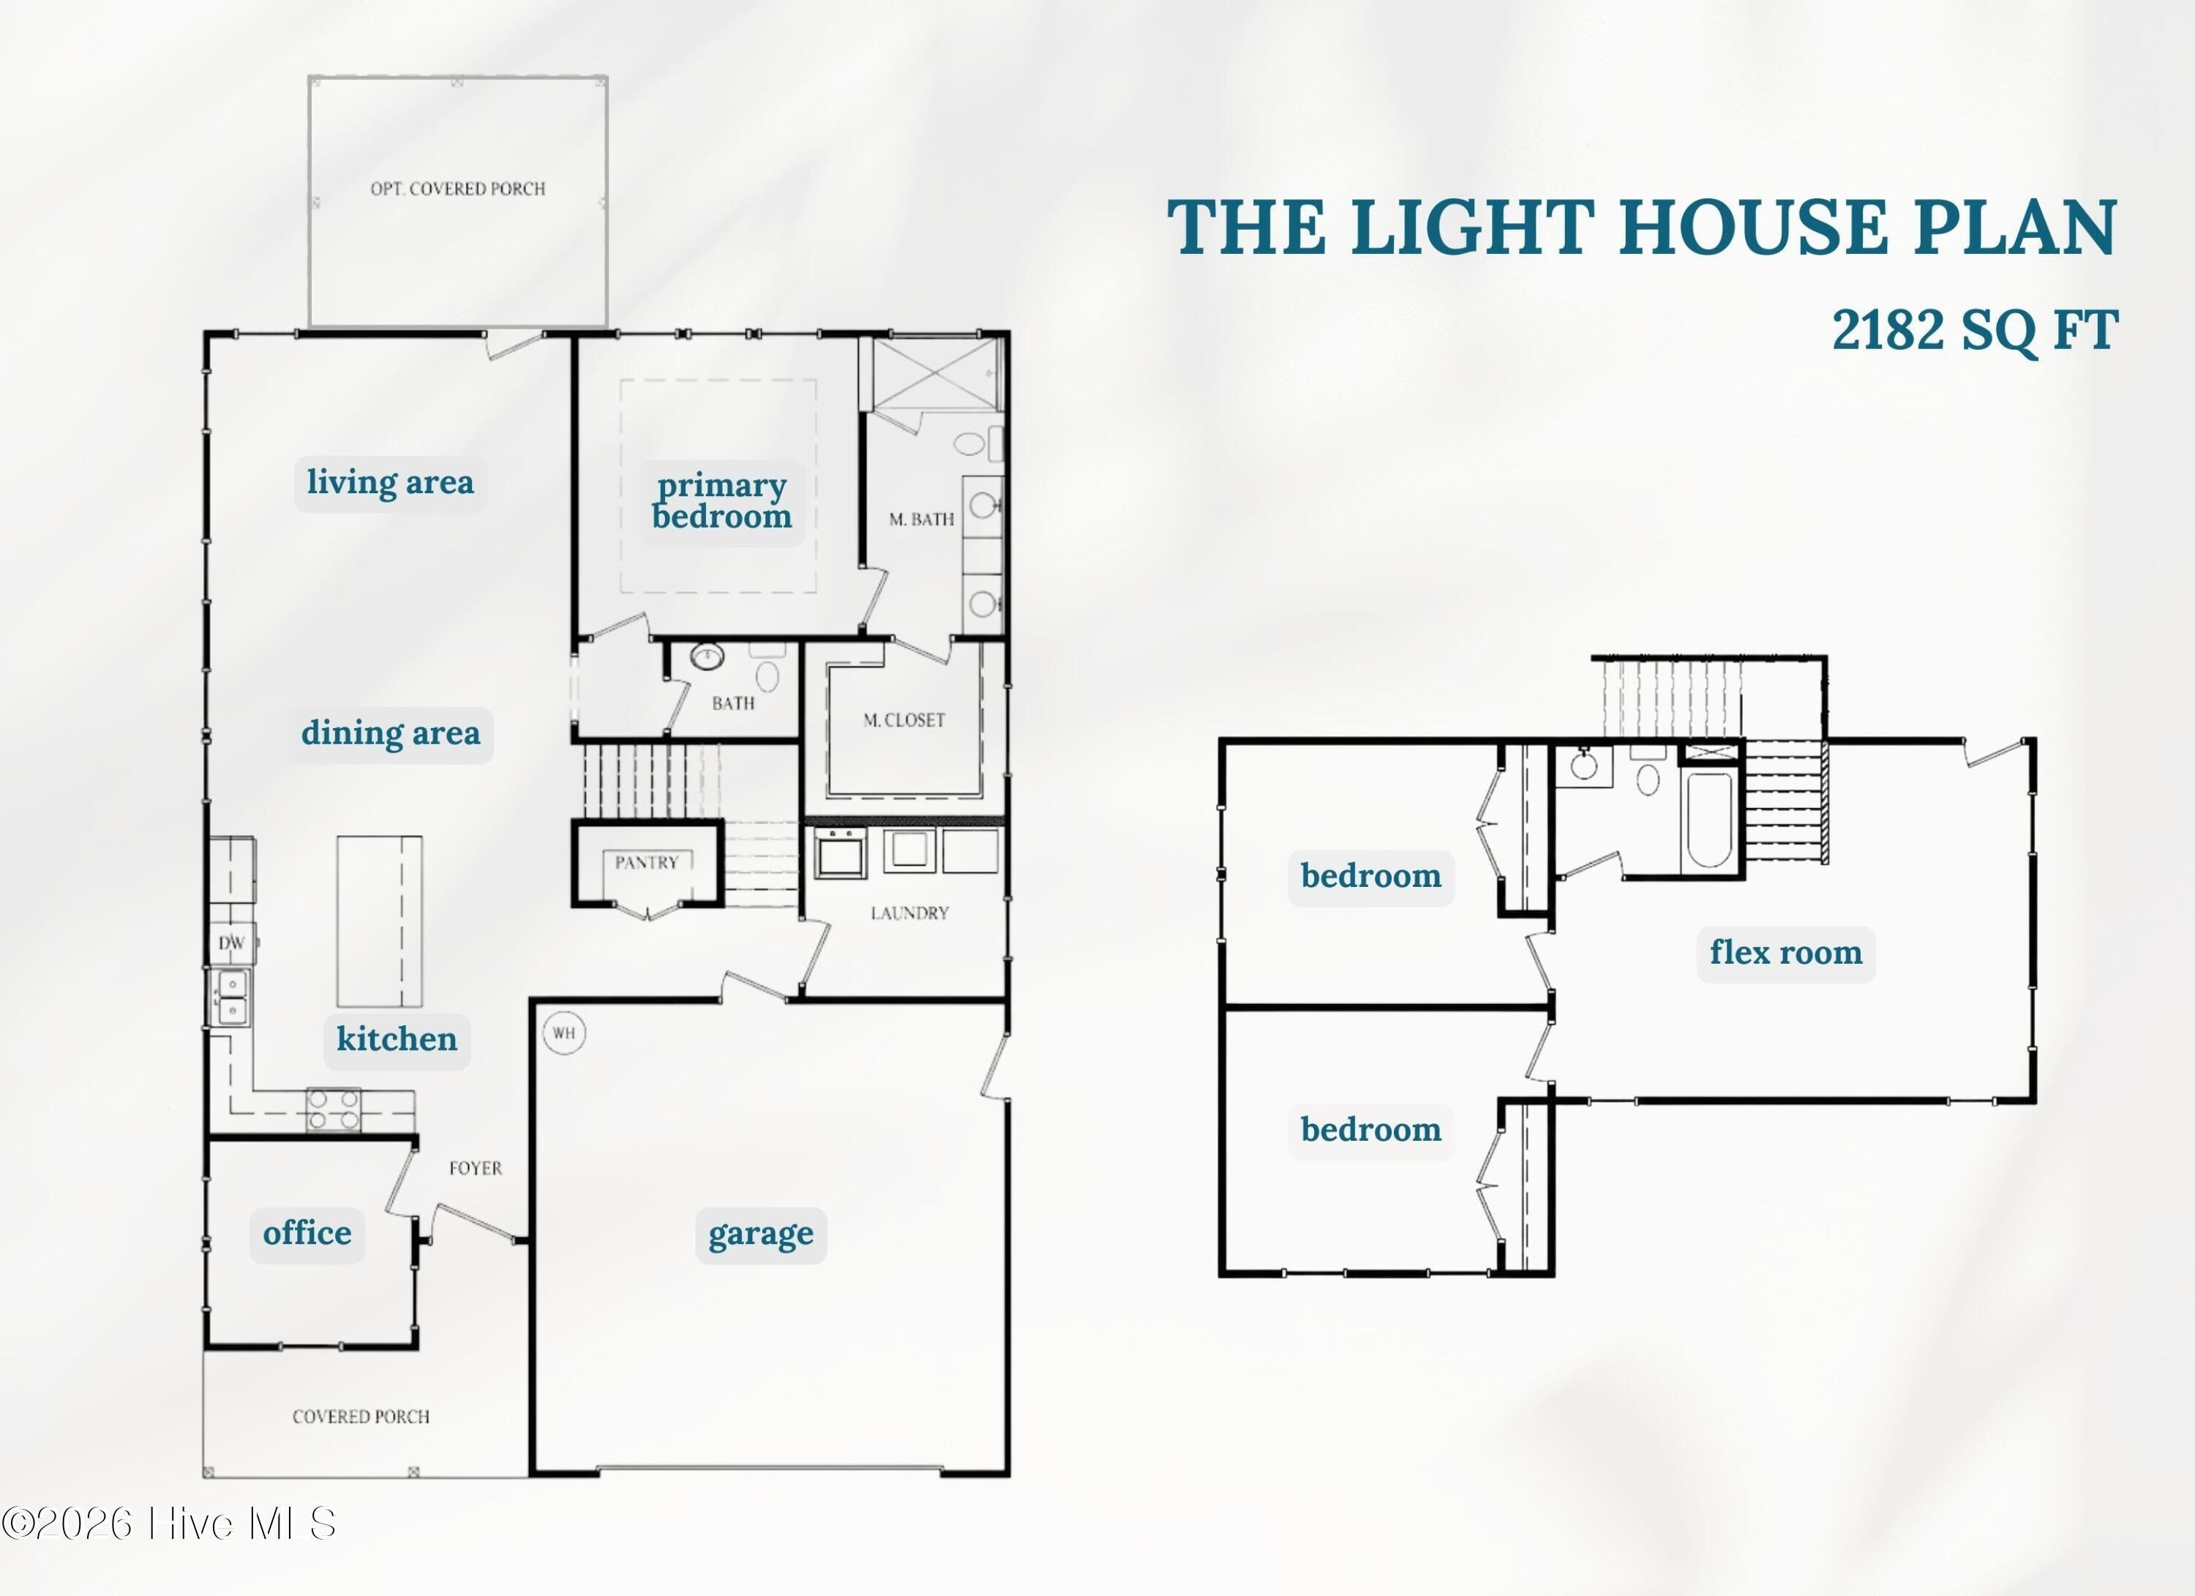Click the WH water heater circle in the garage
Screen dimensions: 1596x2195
[x=564, y=1033]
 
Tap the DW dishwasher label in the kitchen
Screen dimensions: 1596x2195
[x=231, y=943]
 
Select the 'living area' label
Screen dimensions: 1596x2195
[x=390, y=482]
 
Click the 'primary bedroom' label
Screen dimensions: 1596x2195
[x=722, y=501]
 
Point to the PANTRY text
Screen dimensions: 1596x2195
[x=647, y=862]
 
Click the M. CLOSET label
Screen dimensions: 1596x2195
[x=904, y=720]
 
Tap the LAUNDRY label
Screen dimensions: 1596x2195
[x=909, y=913]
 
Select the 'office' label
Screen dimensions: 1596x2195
[x=307, y=1233]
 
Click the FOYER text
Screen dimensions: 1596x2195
[x=475, y=1168]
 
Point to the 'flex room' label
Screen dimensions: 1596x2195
[x=1785, y=952]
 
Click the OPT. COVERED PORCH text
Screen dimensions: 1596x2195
[x=458, y=189]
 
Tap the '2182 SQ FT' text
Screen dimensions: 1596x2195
[x=1974, y=330]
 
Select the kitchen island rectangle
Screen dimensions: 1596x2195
[x=380, y=921]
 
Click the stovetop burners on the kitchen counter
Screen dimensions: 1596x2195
[x=333, y=1109]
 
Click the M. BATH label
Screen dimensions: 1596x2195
[x=921, y=520]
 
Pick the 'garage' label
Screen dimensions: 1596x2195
[x=761, y=1234]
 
